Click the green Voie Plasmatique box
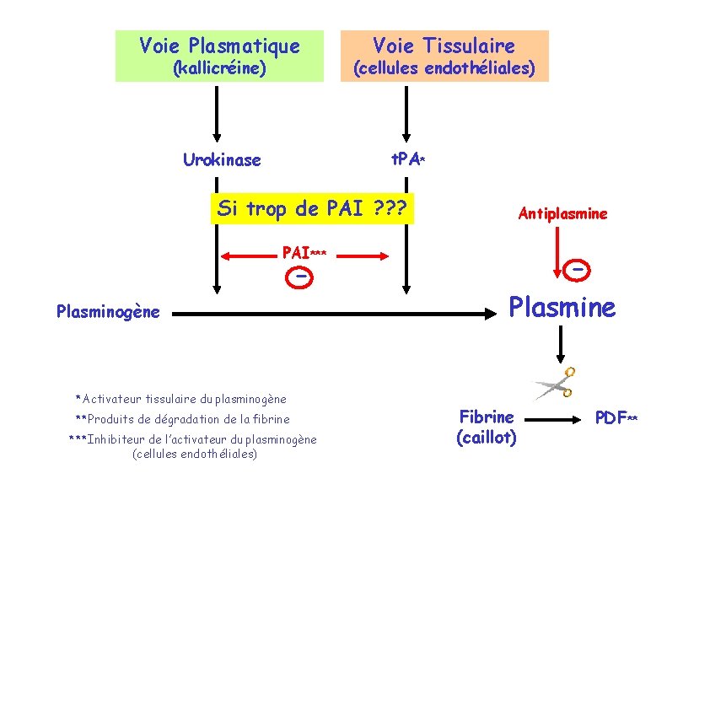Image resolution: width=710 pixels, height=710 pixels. click(x=219, y=56)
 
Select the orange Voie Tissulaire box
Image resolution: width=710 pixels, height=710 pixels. click(x=444, y=56)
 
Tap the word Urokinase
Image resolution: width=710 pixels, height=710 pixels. click(x=222, y=159)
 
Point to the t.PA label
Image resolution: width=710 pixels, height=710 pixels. click(x=407, y=159)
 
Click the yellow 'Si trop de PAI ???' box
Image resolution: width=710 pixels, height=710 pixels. click(x=312, y=209)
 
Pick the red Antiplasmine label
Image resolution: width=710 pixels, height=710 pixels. click(x=562, y=214)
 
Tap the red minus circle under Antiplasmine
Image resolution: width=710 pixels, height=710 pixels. click(x=577, y=269)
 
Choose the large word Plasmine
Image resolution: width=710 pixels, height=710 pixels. click(x=562, y=308)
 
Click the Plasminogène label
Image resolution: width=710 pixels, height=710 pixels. click(x=108, y=312)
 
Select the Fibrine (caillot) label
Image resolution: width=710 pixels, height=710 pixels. click(x=487, y=427)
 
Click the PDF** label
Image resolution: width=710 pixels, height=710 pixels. click(x=616, y=417)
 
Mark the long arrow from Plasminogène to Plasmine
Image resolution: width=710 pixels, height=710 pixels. click(x=337, y=314)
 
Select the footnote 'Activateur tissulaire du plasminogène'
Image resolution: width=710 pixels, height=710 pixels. click(x=180, y=399)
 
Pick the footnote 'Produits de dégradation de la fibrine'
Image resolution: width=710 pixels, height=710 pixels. click(x=182, y=419)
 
